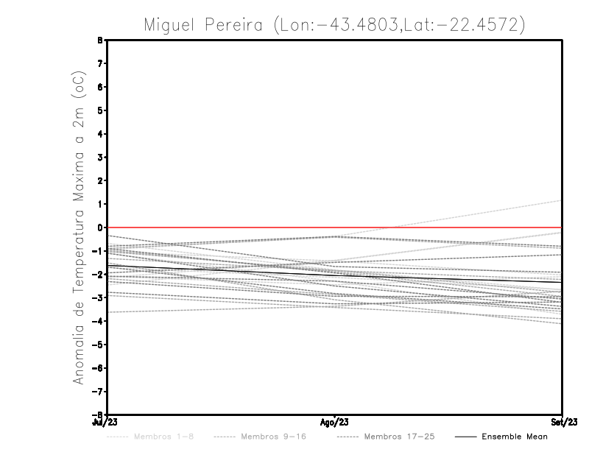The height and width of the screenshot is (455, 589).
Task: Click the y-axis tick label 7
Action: coord(98,63)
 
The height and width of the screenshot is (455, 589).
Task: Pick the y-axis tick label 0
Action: coord(98,227)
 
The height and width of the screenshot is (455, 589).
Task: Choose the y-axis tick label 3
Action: coord(98,157)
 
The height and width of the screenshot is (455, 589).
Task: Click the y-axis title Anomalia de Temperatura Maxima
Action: coord(79,272)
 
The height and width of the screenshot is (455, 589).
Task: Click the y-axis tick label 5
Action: coord(98,110)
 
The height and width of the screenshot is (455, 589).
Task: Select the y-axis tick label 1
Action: coord(98,204)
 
